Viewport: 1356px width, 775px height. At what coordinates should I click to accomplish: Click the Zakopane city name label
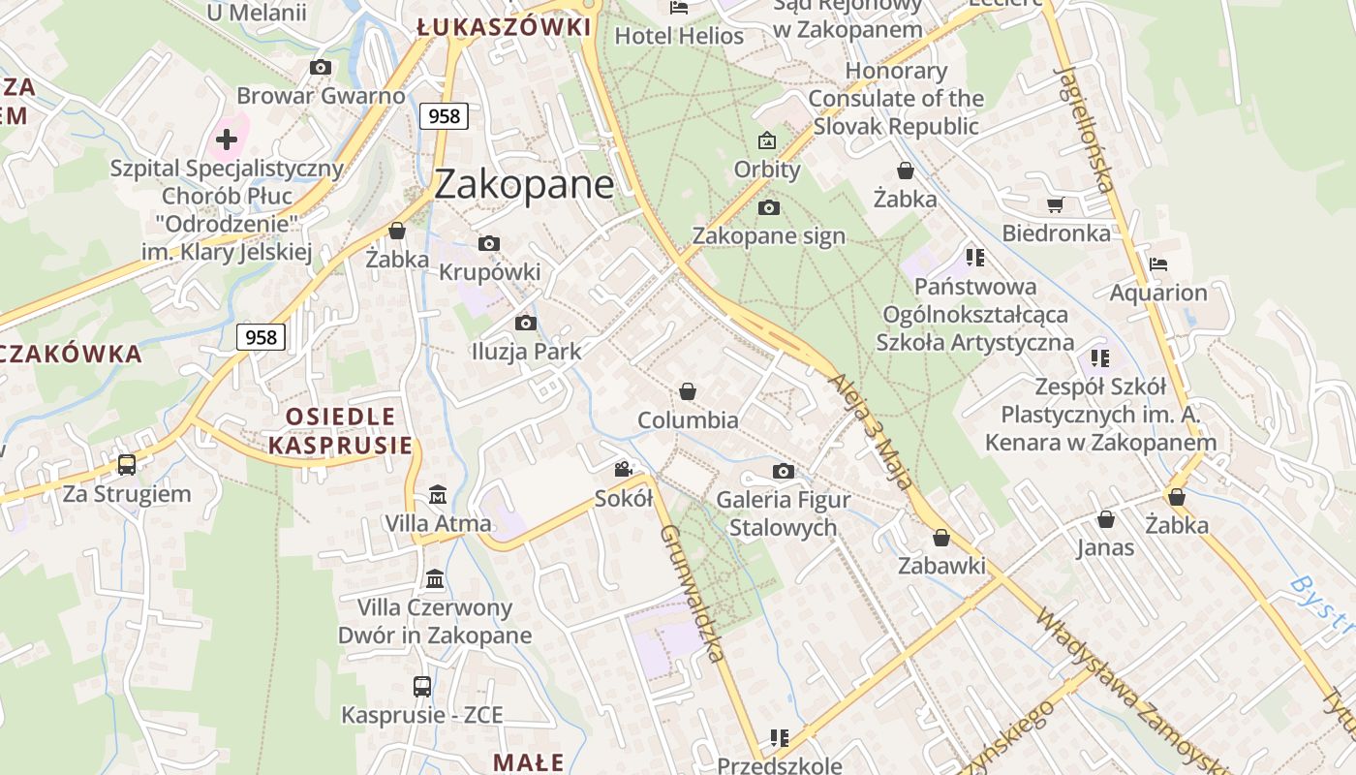click(x=524, y=184)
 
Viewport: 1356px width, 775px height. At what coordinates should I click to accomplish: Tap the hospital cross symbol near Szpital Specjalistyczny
click(x=227, y=139)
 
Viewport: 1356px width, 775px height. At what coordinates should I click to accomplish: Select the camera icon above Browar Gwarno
click(x=321, y=67)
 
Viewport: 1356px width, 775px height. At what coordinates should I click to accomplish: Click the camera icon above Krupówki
click(x=489, y=243)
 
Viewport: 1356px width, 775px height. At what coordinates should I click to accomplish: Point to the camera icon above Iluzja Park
click(x=526, y=323)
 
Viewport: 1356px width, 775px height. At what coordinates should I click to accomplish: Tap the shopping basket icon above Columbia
click(x=688, y=391)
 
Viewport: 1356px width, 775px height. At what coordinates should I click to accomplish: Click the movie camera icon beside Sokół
click(x=623, y=469)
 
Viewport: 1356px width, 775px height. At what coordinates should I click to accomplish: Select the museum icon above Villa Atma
click(x=437, y=494)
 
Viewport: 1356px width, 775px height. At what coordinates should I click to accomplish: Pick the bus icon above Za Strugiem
click(x=127, y=465)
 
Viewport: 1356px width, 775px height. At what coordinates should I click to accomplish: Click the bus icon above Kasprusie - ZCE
click(x=422, y=687)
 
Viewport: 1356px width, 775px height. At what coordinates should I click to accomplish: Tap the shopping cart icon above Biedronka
click(x=1055, y=204)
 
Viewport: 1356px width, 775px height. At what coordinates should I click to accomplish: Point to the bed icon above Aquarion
click(x=1157, y=263)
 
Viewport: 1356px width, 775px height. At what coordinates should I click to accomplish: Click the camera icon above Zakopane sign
click(x=769, y=207)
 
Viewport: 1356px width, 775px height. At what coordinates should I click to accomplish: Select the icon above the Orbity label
click(x=767, y=140)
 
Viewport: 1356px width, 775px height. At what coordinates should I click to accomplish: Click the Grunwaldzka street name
click(x=692, y=593)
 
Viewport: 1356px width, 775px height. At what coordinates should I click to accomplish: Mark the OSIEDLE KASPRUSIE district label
click(x=340, y=431)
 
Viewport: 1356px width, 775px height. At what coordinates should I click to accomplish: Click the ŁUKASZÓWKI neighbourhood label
click(x=504, y=26)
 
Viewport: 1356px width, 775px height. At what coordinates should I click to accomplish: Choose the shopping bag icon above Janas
click(x=1106, y=520)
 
